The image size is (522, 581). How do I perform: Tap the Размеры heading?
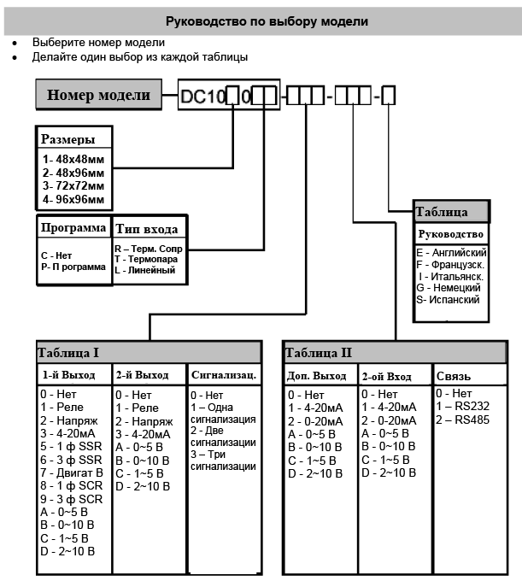[69, 139]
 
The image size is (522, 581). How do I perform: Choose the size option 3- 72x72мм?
[73, 185]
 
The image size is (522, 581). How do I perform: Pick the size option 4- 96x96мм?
[73, 199]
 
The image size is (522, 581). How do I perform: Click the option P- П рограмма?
[73, 267]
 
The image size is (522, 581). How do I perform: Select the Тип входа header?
[146, 229]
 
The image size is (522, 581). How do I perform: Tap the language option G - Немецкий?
[450, 288]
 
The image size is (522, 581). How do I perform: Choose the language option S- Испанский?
[449, 300]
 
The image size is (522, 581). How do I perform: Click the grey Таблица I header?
[148, 352]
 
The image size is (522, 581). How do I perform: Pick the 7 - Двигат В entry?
[72, 471]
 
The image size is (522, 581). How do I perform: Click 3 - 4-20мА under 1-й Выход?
[68, 432]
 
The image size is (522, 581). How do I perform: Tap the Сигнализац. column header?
[224, 374]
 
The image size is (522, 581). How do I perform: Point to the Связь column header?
[454, 375]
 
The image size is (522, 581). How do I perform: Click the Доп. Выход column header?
[317, 375]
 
